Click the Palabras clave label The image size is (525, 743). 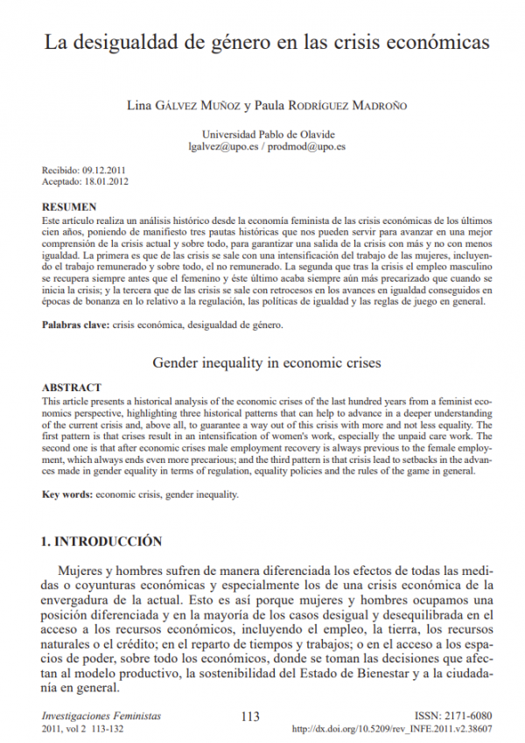pyautogui.click(x=76, y=325)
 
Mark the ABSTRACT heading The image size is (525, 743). pyautogui.click(x=72, y=387)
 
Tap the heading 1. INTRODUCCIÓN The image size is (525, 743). pyautogui.click(x=102, y=541)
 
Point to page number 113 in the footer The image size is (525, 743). pyautogui.click(x=250, y=717)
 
